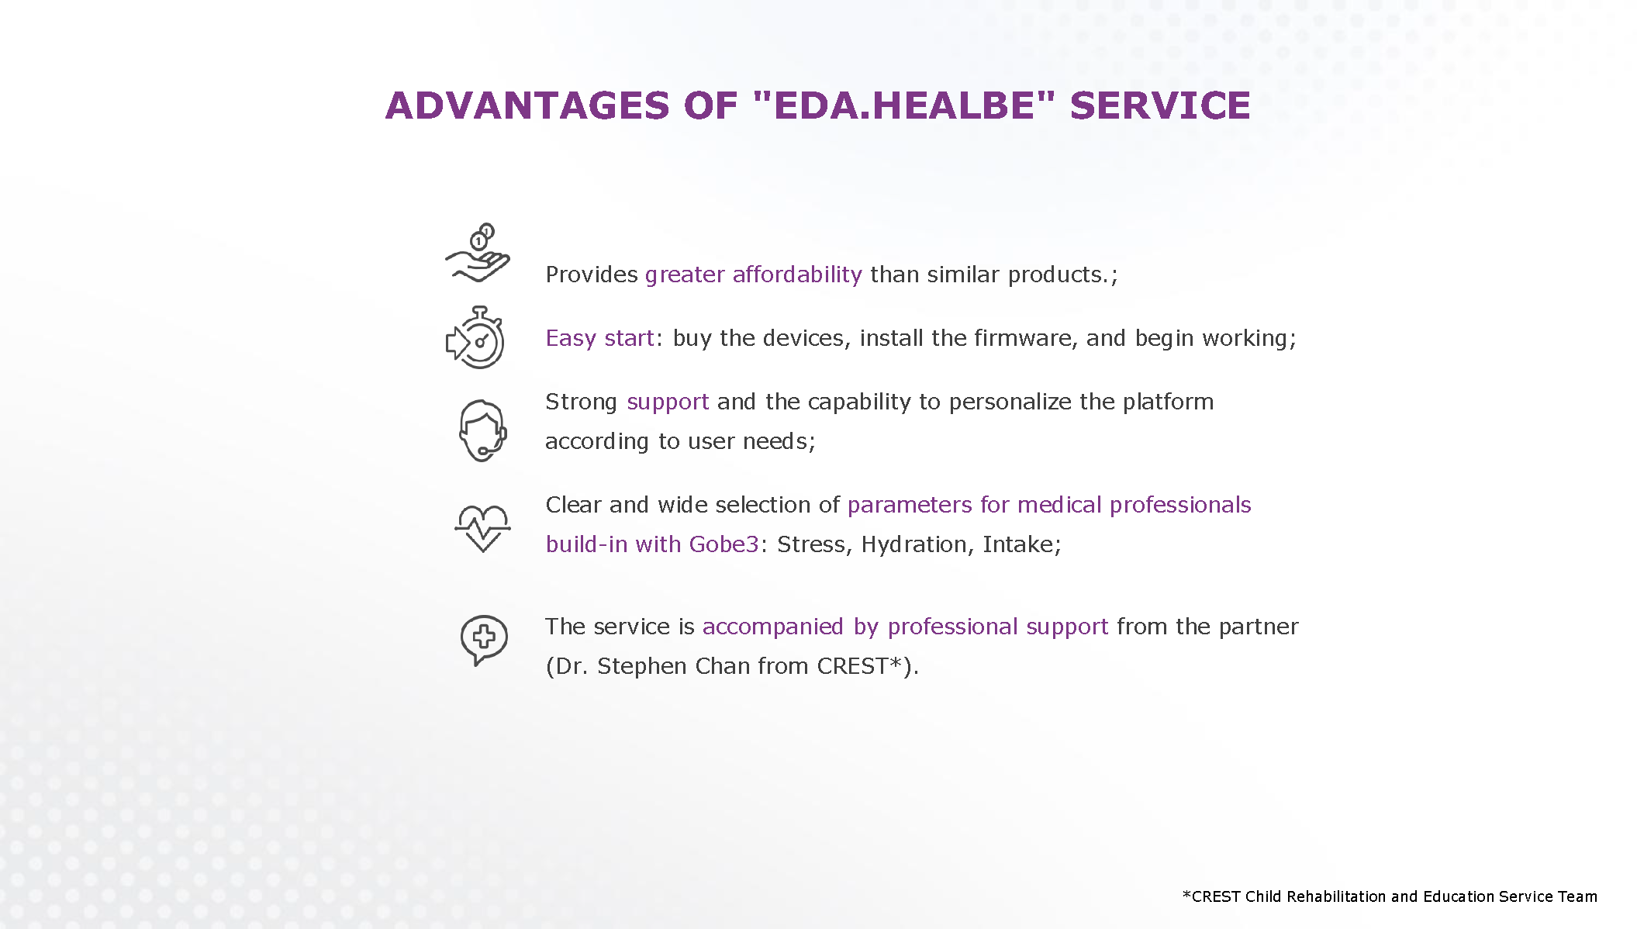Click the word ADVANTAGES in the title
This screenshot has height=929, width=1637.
coord(527,105)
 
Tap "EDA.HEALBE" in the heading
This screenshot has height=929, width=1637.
coord(904,105)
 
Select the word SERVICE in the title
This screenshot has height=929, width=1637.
coord(1160,105)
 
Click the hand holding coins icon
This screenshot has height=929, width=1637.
coord(478,253)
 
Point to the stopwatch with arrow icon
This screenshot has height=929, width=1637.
coord(475,338)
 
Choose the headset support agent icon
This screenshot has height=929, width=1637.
coord(482,431)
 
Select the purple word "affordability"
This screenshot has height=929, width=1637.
coord(797,275)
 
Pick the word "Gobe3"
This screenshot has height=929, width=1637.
coord(724,544)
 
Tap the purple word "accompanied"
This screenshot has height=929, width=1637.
coord(773,627)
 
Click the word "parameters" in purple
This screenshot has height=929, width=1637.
coord(910,505)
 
